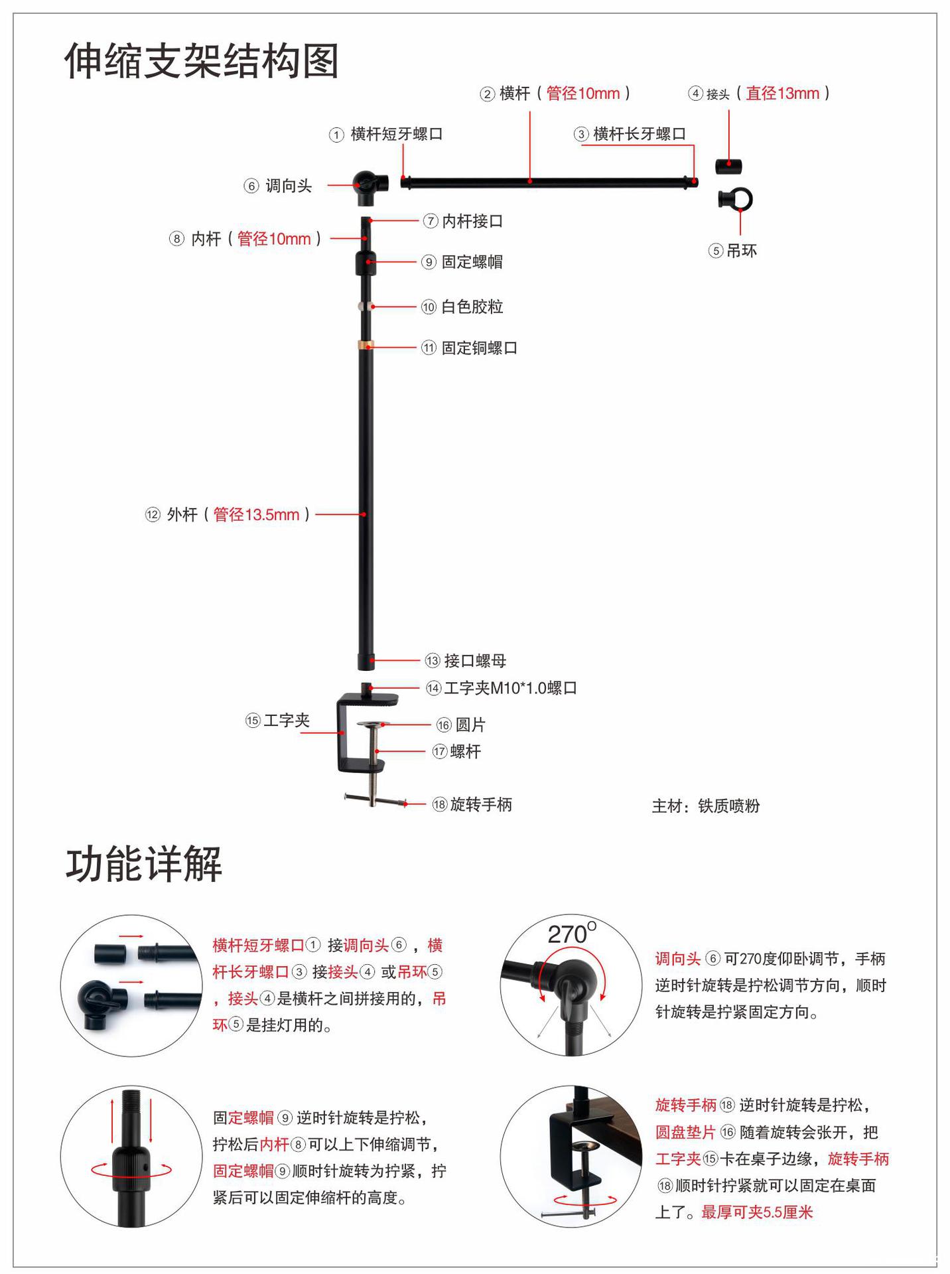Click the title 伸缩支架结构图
click(202, 61)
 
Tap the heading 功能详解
click(144, 864)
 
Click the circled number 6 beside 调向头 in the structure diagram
click(251, 186)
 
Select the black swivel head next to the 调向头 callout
click(366, 186)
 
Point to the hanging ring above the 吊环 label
click(736, 199)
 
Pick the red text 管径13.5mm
click(256, 514)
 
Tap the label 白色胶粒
click(472, 307)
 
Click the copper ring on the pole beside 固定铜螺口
click(366, 345)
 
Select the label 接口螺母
click(475, 661)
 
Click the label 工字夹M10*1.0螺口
click(509, 688)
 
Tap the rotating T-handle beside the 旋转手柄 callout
click(375, 800)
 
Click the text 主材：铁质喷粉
click(705, 806)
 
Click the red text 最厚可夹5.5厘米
click(757, 1212)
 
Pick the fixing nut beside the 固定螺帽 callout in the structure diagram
click(366, 263)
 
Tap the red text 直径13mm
click(782, 94)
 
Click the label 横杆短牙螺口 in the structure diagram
click(396, 134)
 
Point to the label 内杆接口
click(472, 221)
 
